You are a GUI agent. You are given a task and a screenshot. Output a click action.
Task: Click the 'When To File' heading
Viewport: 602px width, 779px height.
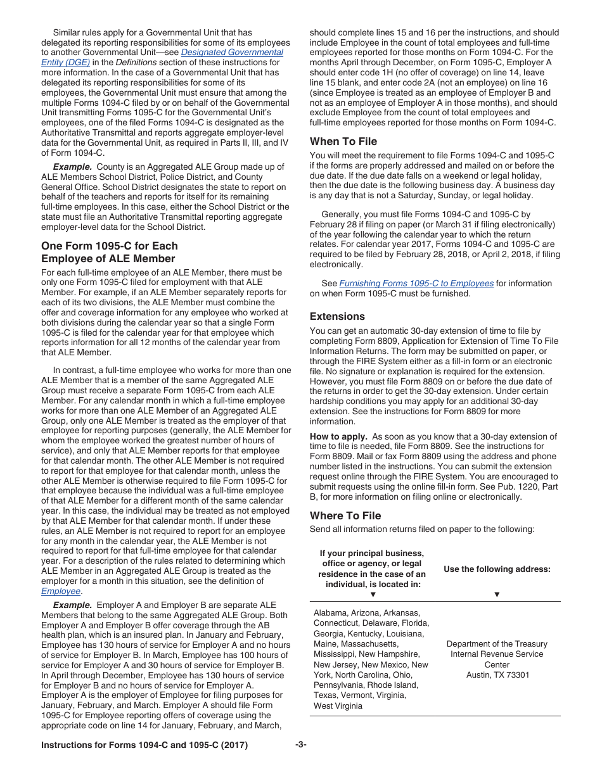click(x=343, y=141)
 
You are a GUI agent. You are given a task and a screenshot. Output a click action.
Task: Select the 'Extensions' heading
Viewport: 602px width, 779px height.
click(x=337, y=316)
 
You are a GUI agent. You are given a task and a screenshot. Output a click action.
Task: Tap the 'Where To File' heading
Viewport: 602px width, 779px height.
click(x=345, y=516)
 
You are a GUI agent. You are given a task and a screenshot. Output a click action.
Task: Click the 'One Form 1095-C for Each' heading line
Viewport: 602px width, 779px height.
click(x=109, y=246)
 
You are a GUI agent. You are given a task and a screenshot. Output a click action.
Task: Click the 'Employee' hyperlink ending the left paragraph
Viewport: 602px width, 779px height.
click(x=61, y=592)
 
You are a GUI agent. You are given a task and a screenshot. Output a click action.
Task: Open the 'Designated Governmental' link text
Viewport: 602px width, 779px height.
click(x=232, y=53)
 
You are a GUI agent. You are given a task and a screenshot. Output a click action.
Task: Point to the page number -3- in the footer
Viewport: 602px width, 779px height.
click(x=300, y=745)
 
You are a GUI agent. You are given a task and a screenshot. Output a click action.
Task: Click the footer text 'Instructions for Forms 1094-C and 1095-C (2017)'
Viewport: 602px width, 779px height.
click(x=144, y=745)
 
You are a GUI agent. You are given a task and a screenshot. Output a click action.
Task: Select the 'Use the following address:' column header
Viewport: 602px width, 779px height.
click(x=497, y=569)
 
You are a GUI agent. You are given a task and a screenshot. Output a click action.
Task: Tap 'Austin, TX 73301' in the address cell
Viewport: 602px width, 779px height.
click(x=497, y=675)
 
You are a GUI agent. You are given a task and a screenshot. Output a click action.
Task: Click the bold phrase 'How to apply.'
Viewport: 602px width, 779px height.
click(x=338, y=436)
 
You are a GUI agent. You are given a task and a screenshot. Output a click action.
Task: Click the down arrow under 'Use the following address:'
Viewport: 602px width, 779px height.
click(x=497, y=595)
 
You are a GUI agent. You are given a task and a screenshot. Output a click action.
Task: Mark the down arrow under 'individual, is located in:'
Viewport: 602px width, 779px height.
click(x=373, y=595)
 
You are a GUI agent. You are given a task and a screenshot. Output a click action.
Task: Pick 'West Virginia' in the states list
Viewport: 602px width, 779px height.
click(x=338, y=706)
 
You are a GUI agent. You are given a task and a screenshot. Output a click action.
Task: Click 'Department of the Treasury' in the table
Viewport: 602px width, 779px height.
click(x=497, y=644)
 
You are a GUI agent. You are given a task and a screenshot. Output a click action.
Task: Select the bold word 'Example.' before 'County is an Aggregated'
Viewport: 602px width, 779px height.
click(x=72, y=167)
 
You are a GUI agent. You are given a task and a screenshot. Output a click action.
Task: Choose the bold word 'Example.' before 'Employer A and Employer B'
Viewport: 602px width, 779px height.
click(x=72, y=605)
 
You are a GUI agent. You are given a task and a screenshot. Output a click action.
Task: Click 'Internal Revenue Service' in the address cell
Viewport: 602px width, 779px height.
click(x=497, y=654)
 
